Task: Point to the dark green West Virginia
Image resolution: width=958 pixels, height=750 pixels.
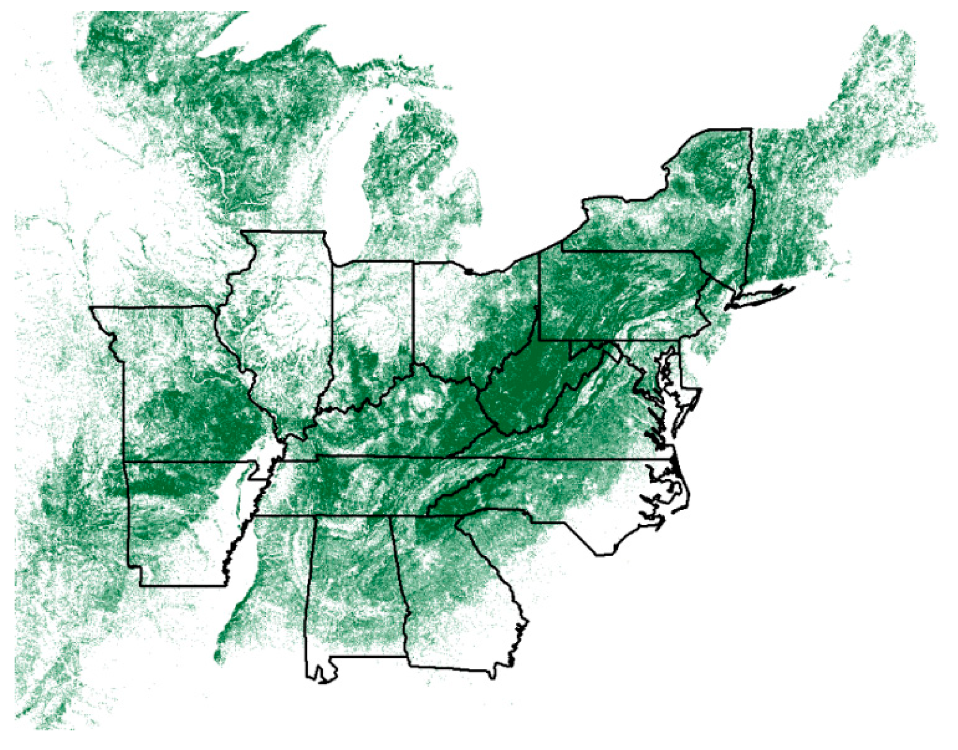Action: point(524,388)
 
